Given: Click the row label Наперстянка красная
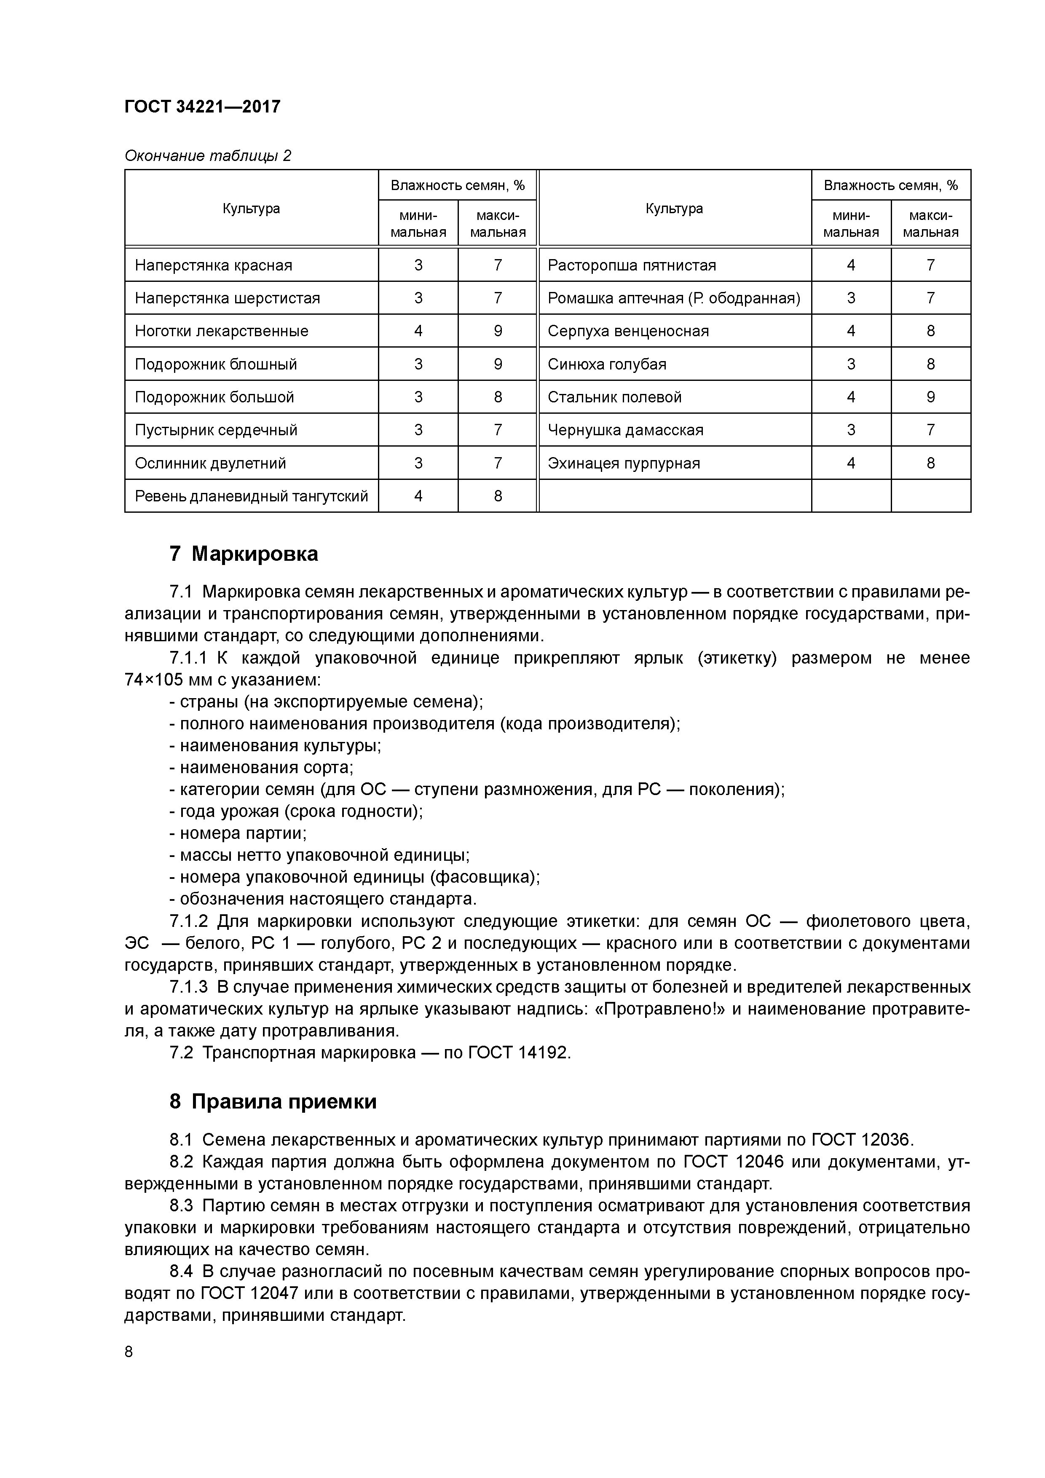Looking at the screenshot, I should pyautogui.click(x=213, y=265).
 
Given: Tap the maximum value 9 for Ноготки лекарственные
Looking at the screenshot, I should pyautogui.click(x=497, y=331).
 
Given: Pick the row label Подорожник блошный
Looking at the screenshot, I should pyautogui.click(x=216, y=364).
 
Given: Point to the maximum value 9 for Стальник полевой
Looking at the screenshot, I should pyautogui.click(x=930, y=397).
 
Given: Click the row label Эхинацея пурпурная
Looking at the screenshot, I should pyautogui.click(x=623, y=463).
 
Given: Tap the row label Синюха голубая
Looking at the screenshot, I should pyautogui.click(x=606, y=364).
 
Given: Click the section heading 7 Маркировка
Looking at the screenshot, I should pyautogui.click(x=244, y=554).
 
